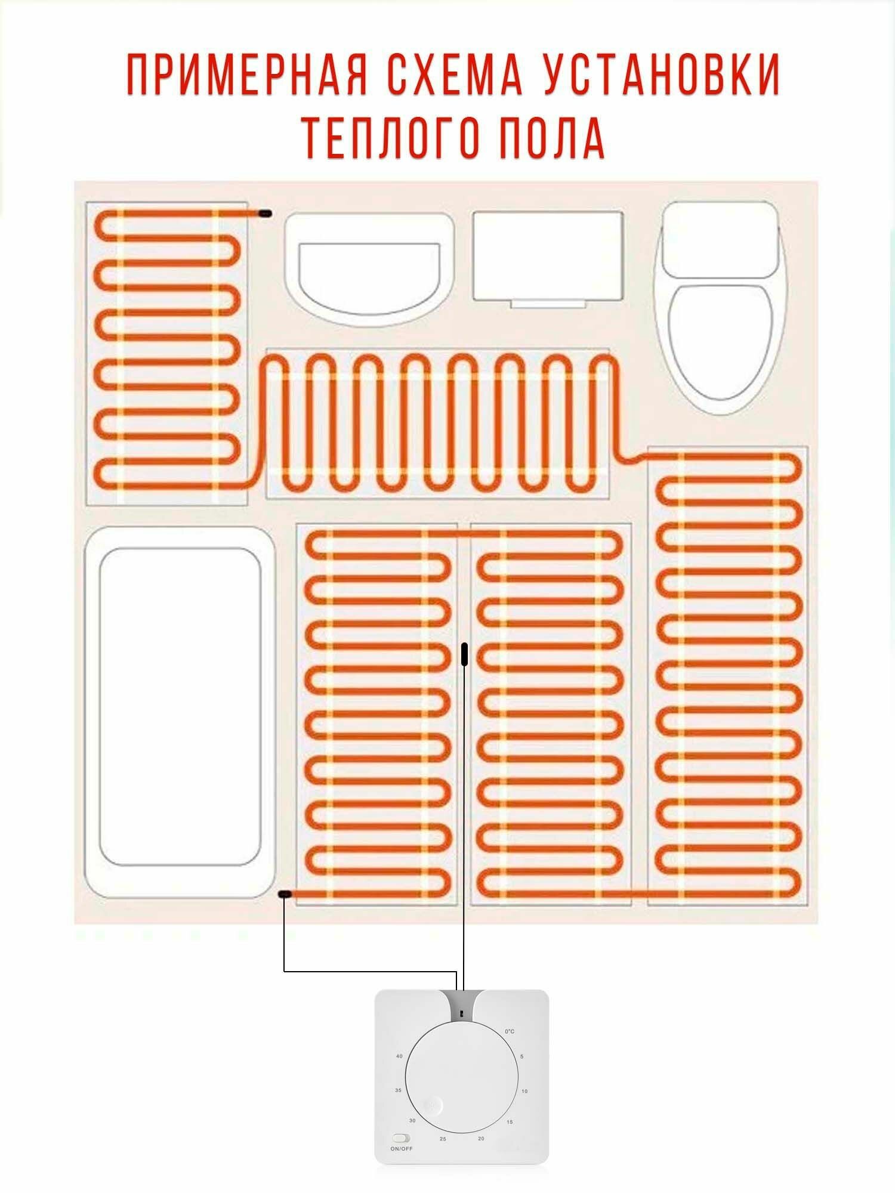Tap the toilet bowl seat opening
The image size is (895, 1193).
pos(720,343)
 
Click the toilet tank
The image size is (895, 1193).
pos(720,240)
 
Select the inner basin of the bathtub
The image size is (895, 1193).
pos(180,707)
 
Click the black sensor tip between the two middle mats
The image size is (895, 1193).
pos(464,654)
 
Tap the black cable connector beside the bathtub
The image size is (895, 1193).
pos(285,894)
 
